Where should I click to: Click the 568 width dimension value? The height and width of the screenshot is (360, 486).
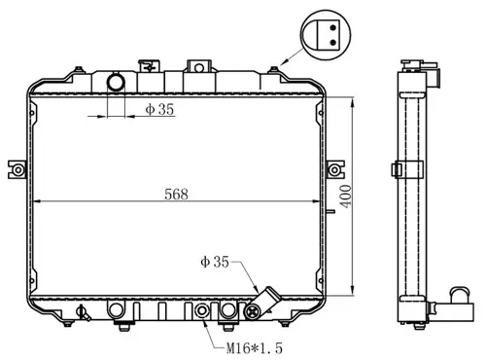point(175,193)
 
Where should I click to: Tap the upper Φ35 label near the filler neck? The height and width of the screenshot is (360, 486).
point(159,110)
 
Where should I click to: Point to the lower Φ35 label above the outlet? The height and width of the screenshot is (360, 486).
point(214,261)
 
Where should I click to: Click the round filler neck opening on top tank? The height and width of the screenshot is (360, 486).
point(116,83)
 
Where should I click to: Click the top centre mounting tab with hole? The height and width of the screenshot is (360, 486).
point(198,67)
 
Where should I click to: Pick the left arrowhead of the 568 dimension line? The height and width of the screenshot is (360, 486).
point(37,201)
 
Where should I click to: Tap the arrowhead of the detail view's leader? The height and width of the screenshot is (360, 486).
point(283,63)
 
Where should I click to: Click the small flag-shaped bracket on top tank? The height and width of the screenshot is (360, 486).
point(147,66)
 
